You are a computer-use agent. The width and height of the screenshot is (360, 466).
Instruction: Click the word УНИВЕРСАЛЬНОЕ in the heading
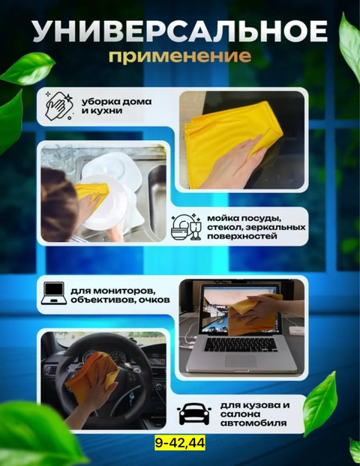pos(180,31)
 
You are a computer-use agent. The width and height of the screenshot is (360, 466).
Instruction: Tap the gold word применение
pos(180,56)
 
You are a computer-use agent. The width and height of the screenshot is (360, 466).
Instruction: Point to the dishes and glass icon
pos(185,226)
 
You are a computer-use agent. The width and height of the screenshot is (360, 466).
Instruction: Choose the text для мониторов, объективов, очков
pos(120,294)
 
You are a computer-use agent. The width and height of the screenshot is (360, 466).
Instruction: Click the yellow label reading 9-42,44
pos(179,444)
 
